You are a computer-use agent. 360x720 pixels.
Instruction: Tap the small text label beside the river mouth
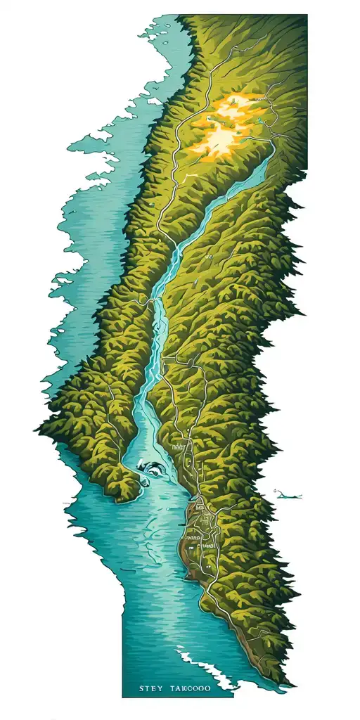(x=179, y=446)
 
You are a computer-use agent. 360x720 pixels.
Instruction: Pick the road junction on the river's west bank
(x=149, y=303)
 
